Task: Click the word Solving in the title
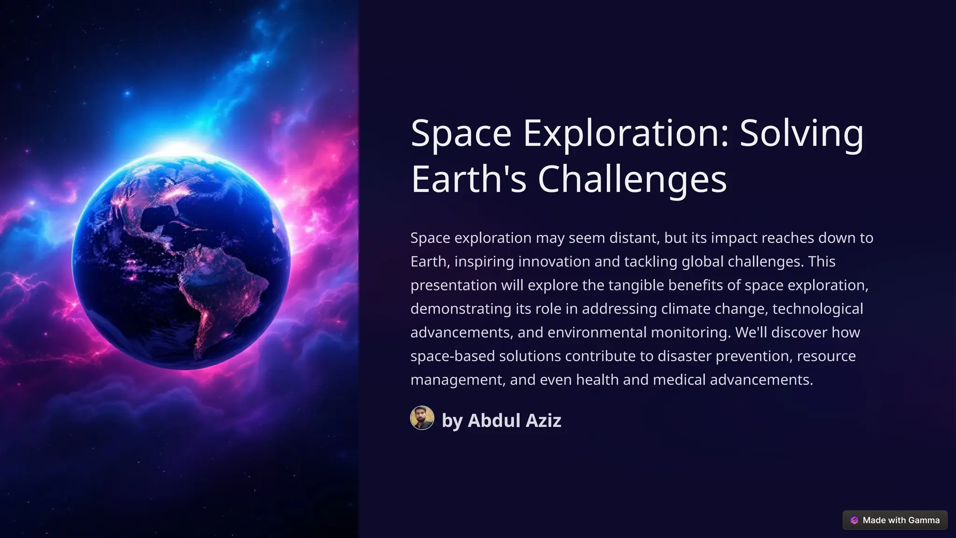pos(801,134)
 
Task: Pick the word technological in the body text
pos(817,309)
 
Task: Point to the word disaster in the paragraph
pos(684,356)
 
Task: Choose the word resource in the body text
pos(826,356)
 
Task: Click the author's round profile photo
pos(422,418)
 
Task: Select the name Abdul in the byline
pos(494,420)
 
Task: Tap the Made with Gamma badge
pos(895,520)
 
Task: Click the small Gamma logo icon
pos(854,520)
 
